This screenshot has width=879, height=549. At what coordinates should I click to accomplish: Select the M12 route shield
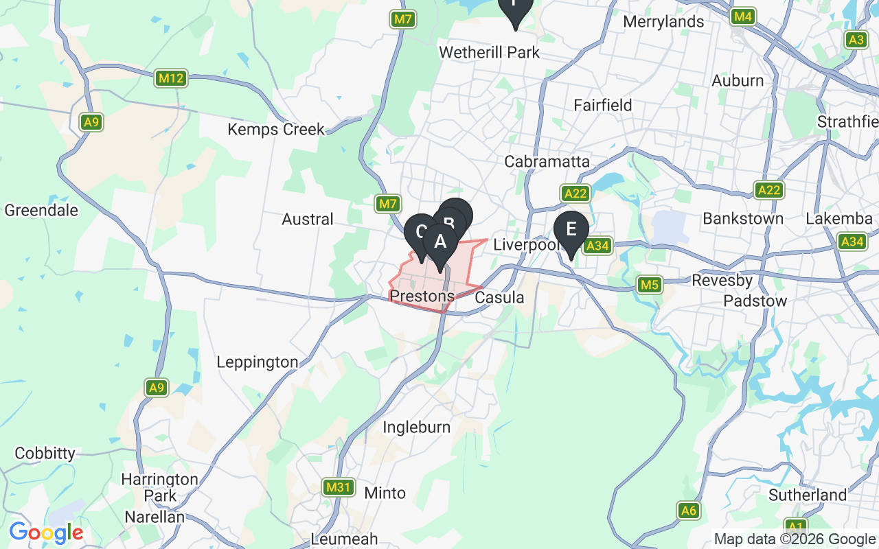click(170, 78)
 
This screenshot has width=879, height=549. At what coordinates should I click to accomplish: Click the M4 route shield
click(742, 16)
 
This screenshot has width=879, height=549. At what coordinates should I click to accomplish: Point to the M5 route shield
click(649, 284)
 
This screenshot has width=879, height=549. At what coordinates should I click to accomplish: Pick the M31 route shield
click(339, 487)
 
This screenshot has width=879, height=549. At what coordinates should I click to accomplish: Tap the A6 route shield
click(689, 510)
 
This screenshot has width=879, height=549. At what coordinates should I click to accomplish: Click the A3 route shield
click(856, 40)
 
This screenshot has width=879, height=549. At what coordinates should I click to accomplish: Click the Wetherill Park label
click(489, 53)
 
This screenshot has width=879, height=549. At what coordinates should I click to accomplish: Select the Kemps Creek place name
click(276, 129)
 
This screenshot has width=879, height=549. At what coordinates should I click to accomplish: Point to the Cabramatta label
click(547, 161)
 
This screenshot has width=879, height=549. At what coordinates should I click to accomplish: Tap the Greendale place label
click(41, 210)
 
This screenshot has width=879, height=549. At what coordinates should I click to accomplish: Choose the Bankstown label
click(743, 219)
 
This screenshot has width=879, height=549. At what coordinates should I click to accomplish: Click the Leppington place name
click(258, 362)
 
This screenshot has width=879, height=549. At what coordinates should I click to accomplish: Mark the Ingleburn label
click(417, 427)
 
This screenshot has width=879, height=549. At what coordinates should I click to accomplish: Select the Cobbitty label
click(45, 453)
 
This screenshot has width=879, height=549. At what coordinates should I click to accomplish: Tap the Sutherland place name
click(808, 495)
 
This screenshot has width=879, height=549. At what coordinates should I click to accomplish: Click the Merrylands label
click(663, 22)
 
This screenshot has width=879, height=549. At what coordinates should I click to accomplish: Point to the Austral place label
click(308, 219)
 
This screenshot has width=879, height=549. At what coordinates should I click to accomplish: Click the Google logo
click(45, 532)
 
